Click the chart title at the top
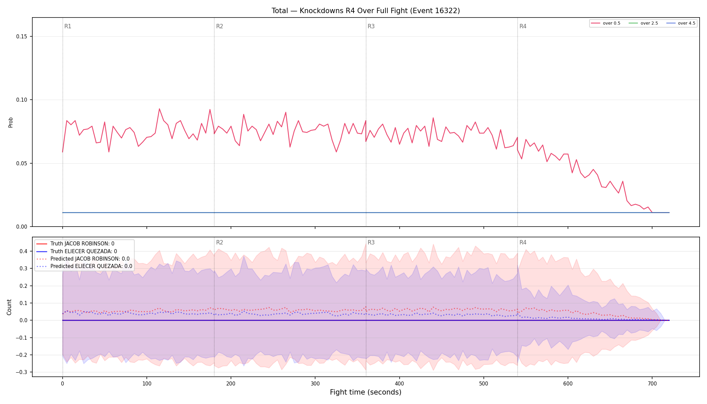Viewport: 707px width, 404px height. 366,11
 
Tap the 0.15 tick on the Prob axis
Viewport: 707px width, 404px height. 22,37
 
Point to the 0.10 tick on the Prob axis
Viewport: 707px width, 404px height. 22,100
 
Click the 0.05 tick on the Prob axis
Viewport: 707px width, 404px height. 22,164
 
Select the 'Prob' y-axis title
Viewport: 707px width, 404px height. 10,122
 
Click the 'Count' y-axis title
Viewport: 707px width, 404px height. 9,307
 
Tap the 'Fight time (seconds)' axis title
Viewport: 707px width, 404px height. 366,392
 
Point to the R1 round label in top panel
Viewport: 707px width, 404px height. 68,26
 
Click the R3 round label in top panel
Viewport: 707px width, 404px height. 371,26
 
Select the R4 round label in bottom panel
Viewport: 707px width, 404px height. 523,242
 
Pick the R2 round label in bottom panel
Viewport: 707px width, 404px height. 220,242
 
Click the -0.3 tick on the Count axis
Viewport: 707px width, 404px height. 23,372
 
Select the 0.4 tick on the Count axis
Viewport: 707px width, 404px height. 23,251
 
